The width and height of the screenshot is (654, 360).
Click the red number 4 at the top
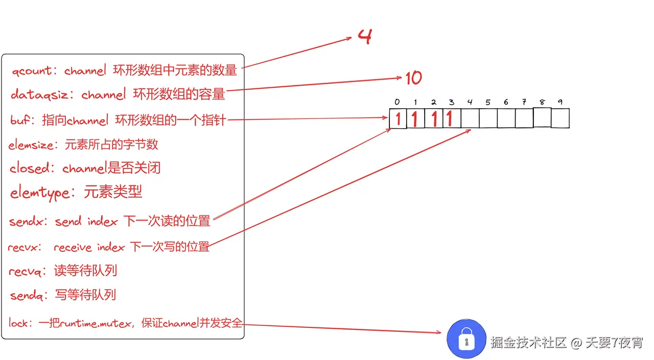point(364,37)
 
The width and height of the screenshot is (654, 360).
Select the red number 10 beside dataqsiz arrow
point(413,78)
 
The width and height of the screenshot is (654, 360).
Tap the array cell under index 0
point(398,119)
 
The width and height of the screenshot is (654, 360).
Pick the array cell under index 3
point(452,119)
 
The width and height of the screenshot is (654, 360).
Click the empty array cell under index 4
point(470,119)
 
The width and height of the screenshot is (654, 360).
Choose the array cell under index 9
point(560,118)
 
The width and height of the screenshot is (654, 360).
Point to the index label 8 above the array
point(542,102)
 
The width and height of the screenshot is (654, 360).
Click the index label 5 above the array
point(488,103)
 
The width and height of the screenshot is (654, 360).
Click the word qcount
point(31,71)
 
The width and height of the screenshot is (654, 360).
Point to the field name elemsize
point(31,145)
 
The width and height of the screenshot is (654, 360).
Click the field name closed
point(31,168)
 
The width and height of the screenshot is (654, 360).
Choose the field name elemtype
point(40,193)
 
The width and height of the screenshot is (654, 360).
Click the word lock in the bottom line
point(18,323)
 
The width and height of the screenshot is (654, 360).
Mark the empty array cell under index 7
point(524,119)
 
